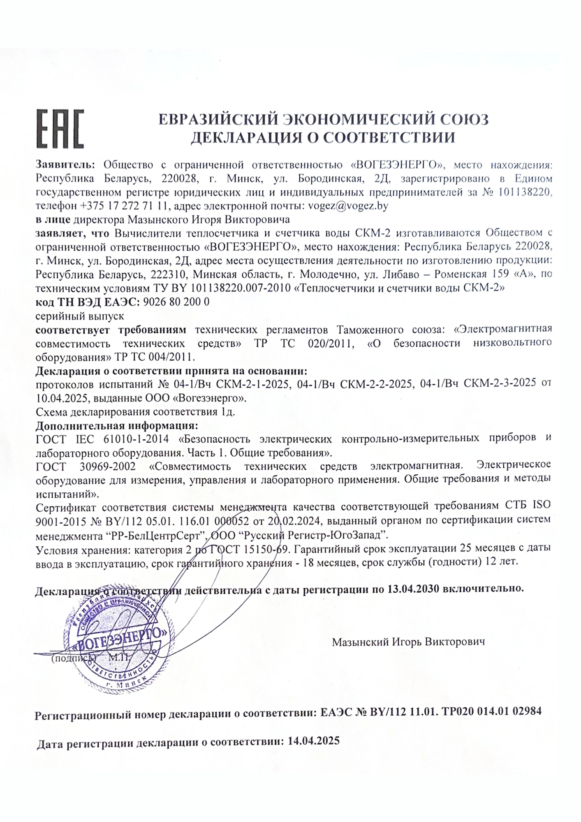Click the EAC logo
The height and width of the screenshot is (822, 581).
pos(60,129)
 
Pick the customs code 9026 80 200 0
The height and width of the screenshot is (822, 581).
pos(175,302)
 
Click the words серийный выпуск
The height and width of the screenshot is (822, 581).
pos(80,316)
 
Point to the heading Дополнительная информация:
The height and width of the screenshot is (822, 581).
pos(117,425)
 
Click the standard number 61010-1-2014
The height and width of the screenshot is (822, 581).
pos(134,439)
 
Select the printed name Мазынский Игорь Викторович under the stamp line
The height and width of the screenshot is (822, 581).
pos(408,642)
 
